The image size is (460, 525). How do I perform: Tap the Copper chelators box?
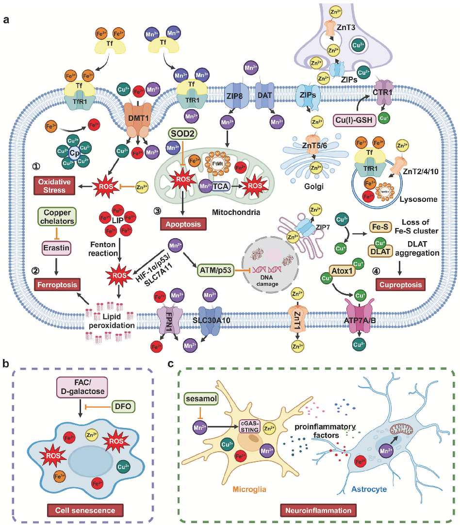pos(57,216)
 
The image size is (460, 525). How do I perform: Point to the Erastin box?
pos(57,249)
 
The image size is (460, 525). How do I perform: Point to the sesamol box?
pos(201,398)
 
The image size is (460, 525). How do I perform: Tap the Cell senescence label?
pos(85,510)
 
